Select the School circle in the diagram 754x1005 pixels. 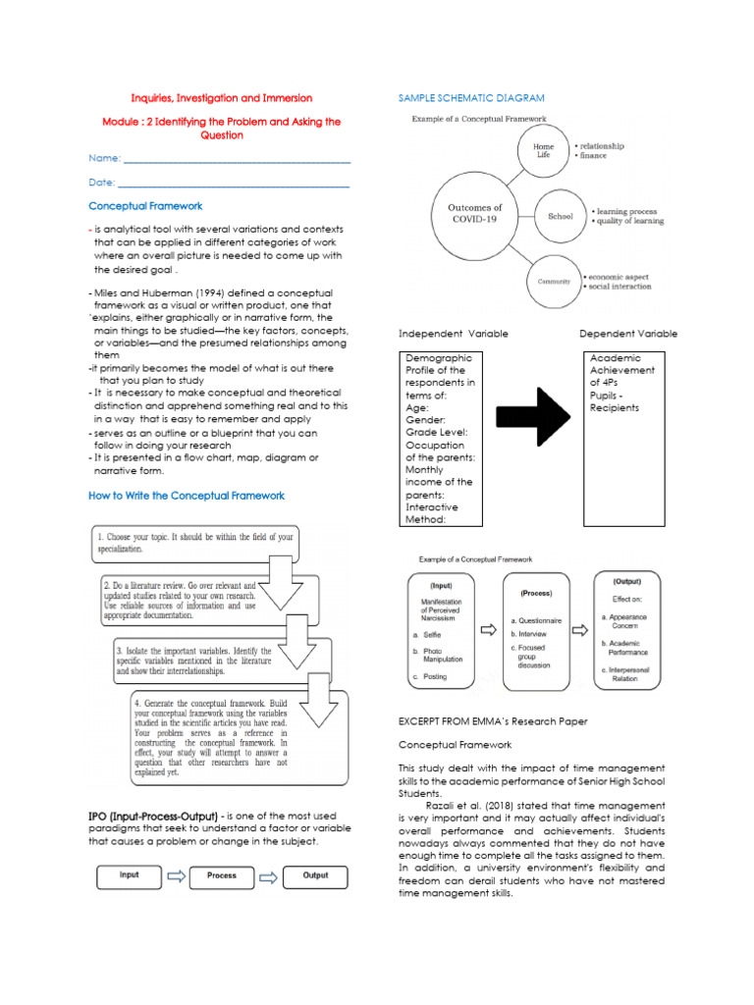561,216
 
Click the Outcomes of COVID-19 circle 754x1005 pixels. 475,214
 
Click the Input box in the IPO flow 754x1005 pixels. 130,875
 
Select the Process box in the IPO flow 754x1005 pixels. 222,875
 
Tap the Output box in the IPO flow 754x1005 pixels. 315,875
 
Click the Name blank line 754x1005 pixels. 237,159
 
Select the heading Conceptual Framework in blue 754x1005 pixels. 145,206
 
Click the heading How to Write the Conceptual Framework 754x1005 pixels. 187,496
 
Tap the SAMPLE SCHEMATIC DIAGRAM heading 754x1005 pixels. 470,98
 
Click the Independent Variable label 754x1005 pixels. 453,334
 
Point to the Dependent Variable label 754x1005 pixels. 627,334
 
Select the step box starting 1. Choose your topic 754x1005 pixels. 196,543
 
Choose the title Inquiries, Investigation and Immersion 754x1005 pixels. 222,98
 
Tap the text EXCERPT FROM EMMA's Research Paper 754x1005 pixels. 493,721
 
